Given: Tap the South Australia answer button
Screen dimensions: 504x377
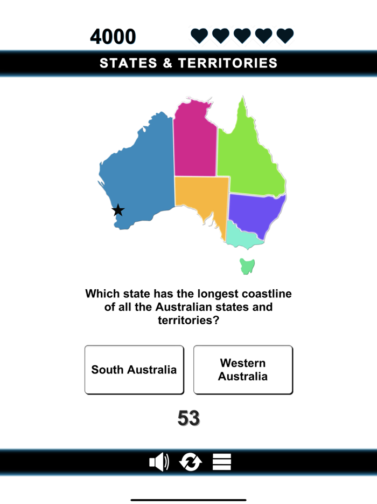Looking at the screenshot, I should coord(134,370).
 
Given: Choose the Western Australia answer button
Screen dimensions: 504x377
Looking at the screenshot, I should coord(243,370).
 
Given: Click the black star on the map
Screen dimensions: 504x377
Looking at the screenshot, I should coord(118,210).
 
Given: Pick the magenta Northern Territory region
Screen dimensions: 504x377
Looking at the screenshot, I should coord(194,140).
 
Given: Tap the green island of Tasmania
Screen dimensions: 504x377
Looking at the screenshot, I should coord(247,266).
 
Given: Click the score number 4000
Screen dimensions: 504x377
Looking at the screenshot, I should coord(113,37).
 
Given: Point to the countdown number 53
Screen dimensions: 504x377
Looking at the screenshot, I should coord(188,418).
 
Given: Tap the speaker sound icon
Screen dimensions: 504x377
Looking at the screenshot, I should coord(159,462).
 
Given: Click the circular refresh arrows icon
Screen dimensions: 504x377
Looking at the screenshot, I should coord(190,462).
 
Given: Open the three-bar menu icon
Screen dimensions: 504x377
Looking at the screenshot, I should coord(222,462).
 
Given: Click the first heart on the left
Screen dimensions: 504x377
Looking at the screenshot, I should coord(199,36).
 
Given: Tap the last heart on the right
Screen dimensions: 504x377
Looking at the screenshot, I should coord(285,36).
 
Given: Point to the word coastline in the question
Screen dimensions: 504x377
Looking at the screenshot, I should coord(262,294).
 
